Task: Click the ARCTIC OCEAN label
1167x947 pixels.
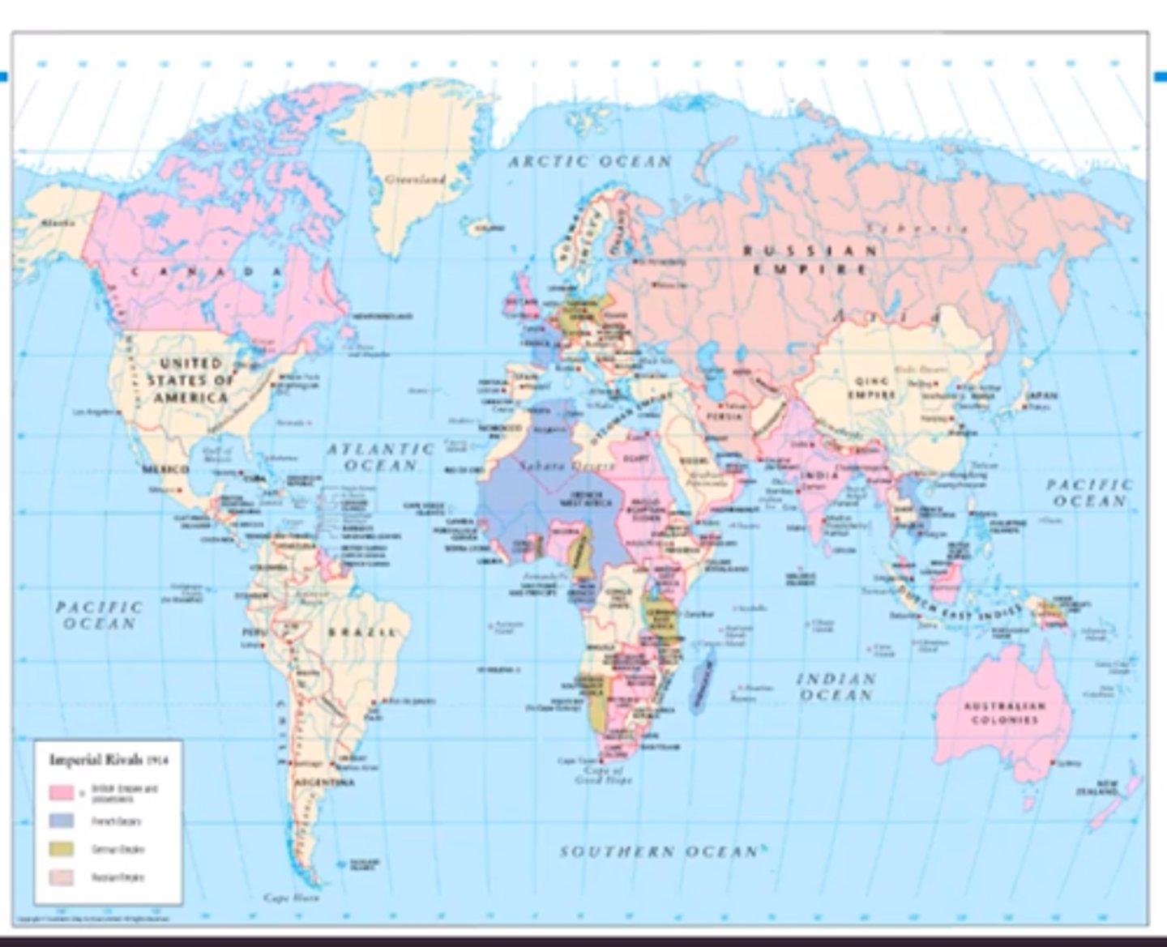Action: coord(590,161)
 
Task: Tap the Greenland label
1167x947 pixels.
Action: coord(415,179)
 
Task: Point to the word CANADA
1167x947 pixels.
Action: coord(206,271)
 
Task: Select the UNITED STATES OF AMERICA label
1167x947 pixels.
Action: coord(190,380)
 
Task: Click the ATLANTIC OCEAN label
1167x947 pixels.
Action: coord(380,457)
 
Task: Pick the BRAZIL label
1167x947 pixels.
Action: coord(362,632)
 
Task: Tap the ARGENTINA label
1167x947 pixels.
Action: coord(324,783)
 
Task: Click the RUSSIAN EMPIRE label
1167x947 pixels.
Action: coord(810,259)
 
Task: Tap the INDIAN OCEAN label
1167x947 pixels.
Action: coord(836,686)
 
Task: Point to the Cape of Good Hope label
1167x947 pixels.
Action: coord(598,776)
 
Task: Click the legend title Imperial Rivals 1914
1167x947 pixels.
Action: coord(108,760)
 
